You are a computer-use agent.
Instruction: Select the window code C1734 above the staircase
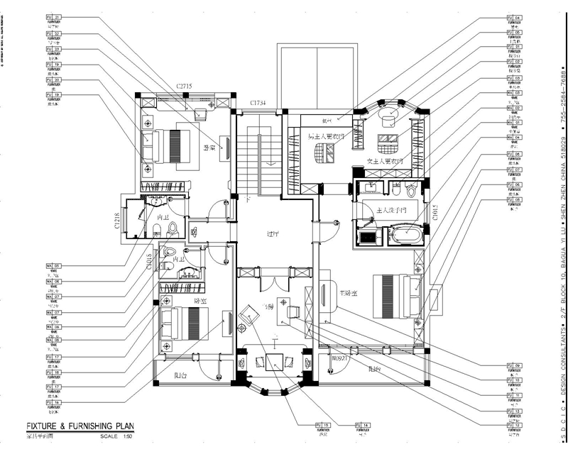click(x=257, y=104)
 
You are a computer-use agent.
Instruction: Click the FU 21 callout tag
click(x=53, y=16)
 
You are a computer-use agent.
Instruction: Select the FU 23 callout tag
click(x=53, y=49)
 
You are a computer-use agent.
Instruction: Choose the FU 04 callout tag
click(x=513, y=16)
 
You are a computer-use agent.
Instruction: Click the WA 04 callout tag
click(x=513, y=137)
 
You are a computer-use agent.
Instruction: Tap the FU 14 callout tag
click(x=366, y=425)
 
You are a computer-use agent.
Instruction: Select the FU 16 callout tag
click(x=53, y=402)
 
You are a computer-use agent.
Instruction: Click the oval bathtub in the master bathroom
click(x=403, y=233)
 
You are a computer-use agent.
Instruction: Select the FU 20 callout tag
click(x=53, y=79)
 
